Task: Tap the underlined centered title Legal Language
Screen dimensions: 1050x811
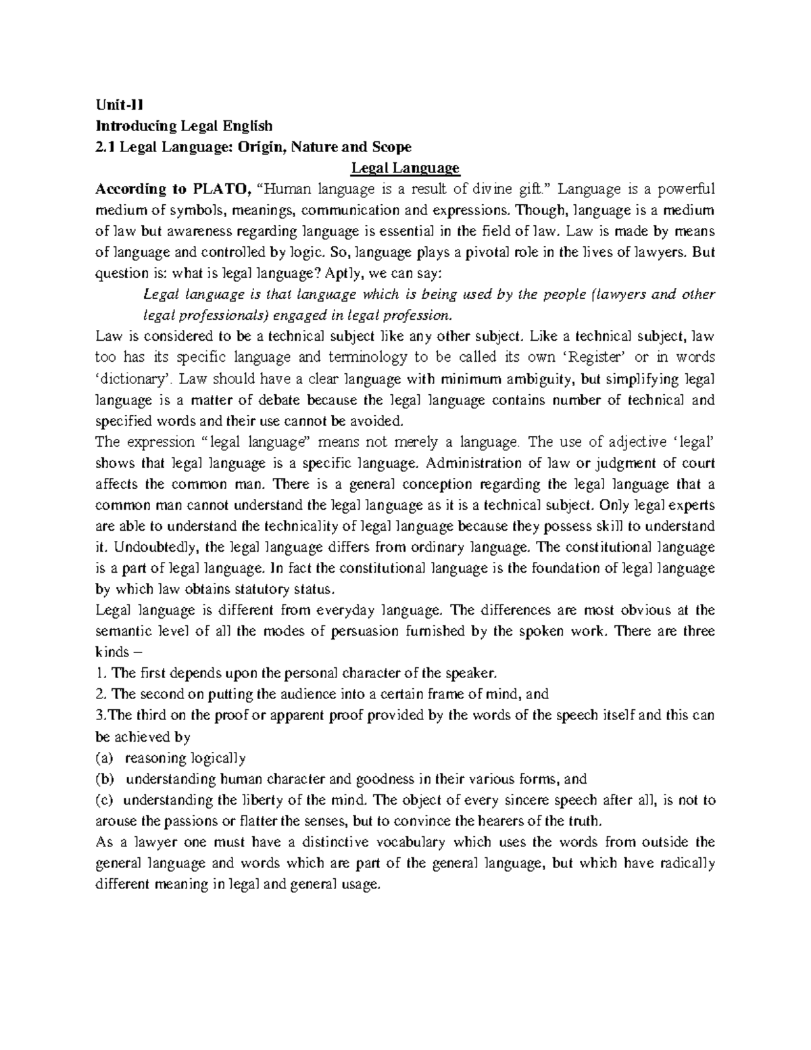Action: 405,168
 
